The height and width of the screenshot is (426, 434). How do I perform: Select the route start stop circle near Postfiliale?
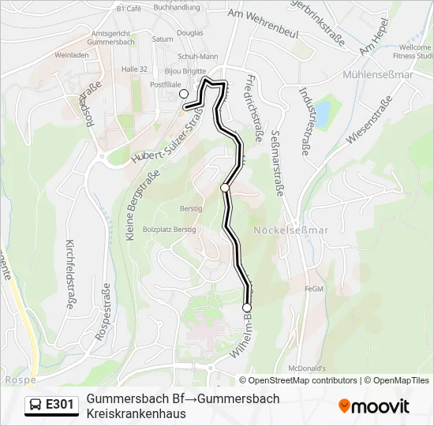pyautogui.click(x=184, y=94)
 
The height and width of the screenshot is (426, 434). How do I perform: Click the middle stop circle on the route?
pyautogui.click(x=225, y=188)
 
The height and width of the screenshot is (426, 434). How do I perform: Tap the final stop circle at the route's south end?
pyautogui.click(x=247, y=308)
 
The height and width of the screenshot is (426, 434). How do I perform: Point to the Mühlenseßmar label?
pyautogui.click(x=378, y=76)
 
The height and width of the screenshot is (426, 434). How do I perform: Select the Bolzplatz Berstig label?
pyautogui.click(x=169, y=229)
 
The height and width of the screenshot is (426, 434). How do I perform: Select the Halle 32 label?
pyautogui.click(x=134, y=69)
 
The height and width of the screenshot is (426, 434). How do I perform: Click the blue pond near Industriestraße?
pyautogui.click(x=322, y=112)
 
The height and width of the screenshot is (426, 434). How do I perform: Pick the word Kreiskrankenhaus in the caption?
pyautogui.click(x=136, y=413)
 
